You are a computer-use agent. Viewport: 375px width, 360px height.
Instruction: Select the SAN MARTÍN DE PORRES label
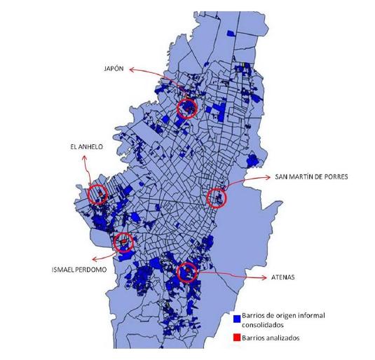(x=311, y=176)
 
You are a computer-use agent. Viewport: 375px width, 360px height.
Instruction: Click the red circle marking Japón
(x=187, y=108)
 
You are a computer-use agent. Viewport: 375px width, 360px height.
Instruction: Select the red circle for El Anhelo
(x=97, y=194)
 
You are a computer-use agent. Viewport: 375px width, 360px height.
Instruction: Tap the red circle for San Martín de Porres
(x=218, y=198)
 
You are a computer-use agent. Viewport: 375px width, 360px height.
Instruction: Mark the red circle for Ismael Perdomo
(x=124, y=242)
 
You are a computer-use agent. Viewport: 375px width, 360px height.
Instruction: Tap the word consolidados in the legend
(x=266, y=325)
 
